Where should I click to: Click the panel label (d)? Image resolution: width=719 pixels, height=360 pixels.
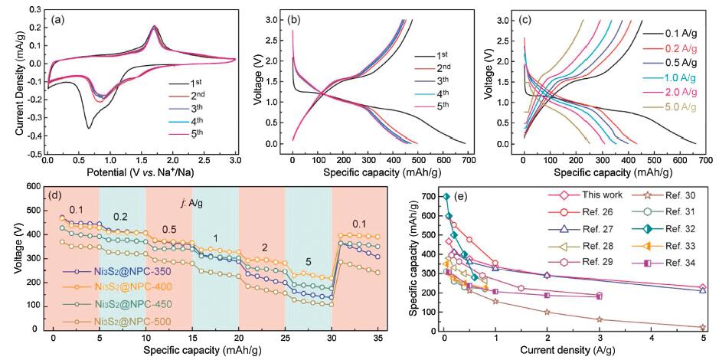57,194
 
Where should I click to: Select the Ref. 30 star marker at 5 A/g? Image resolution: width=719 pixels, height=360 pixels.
703,327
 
